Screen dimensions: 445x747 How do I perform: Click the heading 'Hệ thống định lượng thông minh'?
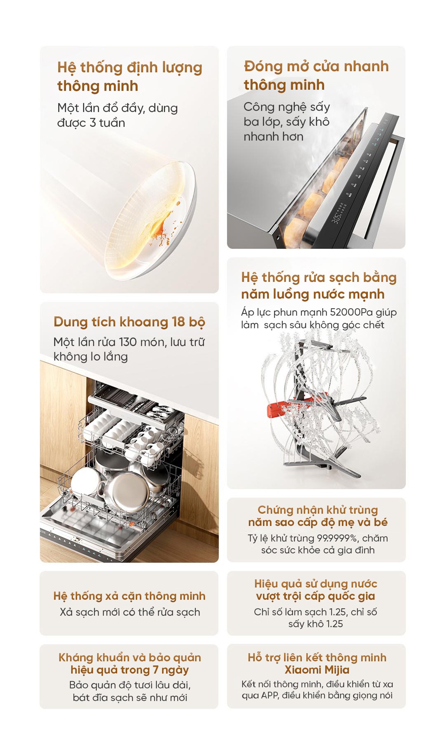130,76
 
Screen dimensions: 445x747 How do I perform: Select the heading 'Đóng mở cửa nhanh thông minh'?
316,75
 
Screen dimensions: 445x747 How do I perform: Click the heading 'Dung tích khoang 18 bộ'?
129,322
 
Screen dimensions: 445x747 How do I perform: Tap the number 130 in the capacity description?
128,342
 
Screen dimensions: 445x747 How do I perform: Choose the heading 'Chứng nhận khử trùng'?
318,510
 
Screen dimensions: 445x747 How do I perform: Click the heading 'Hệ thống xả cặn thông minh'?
129,596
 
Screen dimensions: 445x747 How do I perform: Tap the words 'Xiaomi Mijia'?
317,670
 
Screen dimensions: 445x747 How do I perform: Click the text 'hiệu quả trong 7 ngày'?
130,670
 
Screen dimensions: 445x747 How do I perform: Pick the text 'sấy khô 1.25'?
316,624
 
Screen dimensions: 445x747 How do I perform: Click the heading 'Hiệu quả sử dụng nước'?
316,584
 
